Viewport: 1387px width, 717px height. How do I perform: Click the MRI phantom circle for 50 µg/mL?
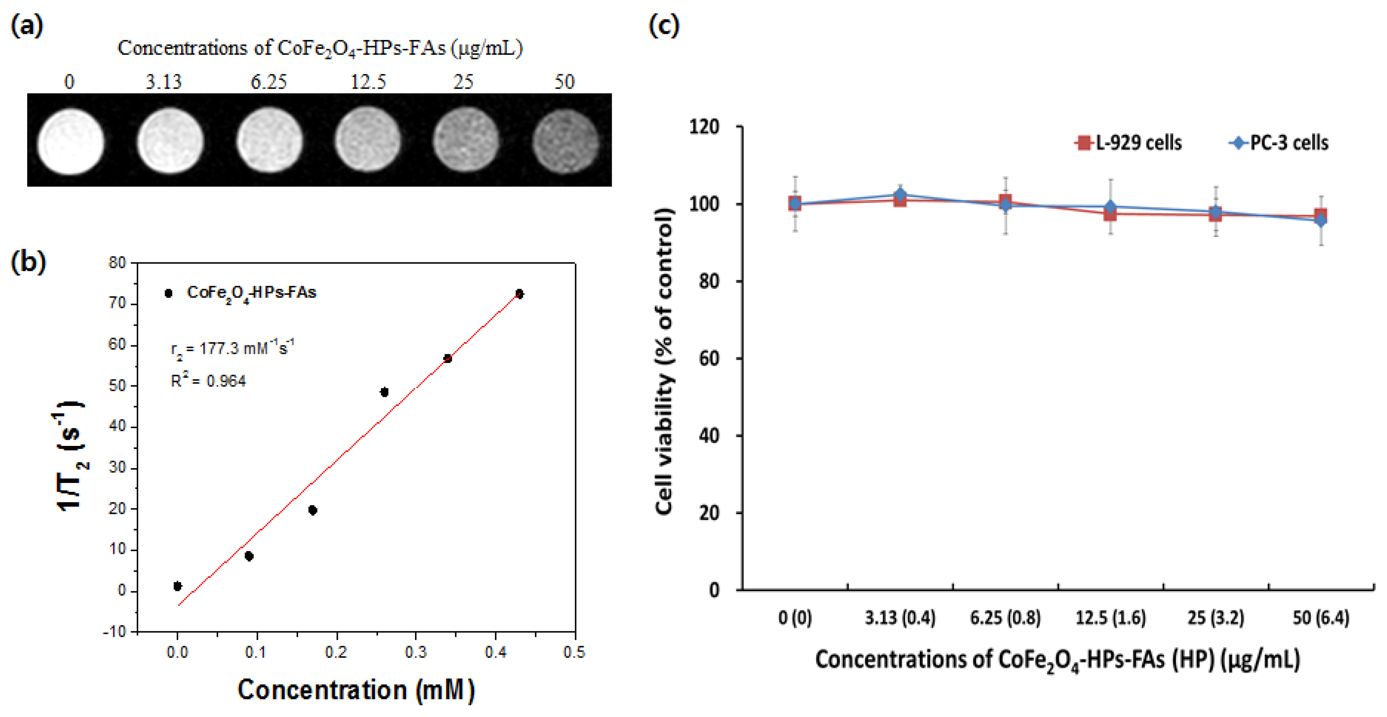click(x=565, y=142)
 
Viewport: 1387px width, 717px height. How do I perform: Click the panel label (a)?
click(x=27, y=25)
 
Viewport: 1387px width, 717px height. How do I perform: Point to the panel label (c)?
click(x=664, y=25)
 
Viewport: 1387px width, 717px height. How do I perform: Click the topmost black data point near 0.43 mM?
click(x=519, y=294)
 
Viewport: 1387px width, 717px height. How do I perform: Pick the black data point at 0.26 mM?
click(x=384, y=392)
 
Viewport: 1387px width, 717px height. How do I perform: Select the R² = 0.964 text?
click(x=208, y=381)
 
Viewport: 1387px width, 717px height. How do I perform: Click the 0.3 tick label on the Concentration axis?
click(x=416, y=652)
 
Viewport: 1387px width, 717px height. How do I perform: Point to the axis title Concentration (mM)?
click(x=356, y=690)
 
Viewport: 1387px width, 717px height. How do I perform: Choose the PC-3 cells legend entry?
click(x=1279, y=143)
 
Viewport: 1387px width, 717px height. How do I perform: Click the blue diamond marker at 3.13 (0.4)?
click(x=900, y=194)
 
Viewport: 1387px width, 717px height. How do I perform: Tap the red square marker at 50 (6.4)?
click(x=1320, y=216)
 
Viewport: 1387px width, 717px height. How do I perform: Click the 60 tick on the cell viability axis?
click(x=709, y=359)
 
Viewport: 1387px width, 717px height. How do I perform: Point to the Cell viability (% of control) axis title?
click(x=665, y=361)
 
